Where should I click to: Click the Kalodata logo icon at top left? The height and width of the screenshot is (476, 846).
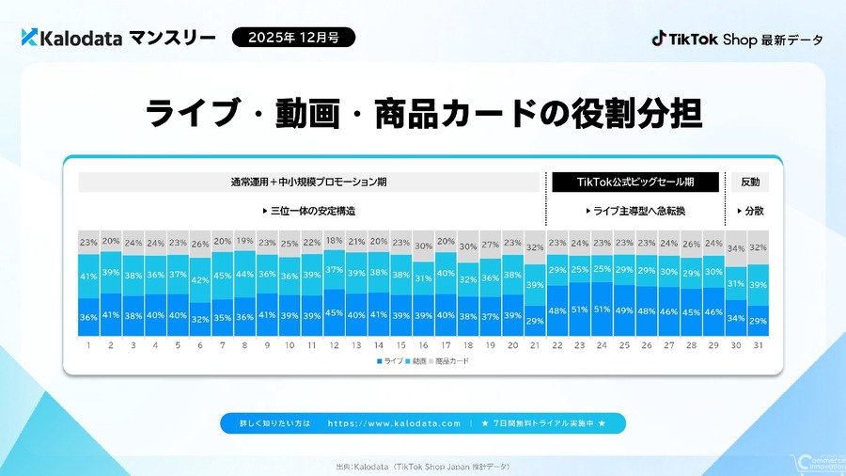[29, 38]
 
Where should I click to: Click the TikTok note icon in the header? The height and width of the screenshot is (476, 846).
[660, 39]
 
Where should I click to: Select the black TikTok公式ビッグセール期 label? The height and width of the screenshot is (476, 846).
[634, 182]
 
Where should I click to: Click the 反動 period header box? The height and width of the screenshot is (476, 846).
[750, 182]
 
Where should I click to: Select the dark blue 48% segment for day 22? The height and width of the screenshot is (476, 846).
[556, 311]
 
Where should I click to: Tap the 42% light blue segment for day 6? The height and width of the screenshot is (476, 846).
[200, 279]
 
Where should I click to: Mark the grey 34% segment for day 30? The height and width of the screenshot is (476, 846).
[737, 249]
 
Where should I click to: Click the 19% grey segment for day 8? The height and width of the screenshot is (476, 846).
[244, 241]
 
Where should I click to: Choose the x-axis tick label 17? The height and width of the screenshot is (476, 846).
[446, 346]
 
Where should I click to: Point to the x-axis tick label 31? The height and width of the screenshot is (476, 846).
[759, 346]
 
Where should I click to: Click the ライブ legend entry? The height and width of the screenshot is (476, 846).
[389, 361]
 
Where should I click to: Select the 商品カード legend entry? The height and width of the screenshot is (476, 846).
[450, 361]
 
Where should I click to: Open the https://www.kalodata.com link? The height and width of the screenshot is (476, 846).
[394, 423]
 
